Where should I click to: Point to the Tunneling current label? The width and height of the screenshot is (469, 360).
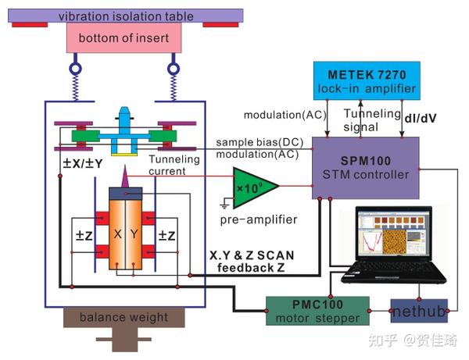tap(174, 165)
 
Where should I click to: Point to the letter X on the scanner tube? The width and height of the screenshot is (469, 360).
tap(116, 234)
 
